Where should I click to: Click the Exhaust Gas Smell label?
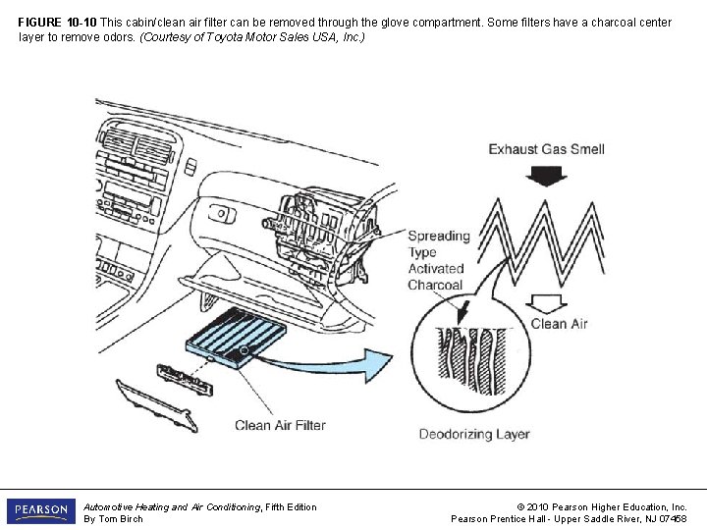(x=546, y=149)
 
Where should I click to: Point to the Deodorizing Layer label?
(x=474, y=434)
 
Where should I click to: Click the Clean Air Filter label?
(x=280, y=425)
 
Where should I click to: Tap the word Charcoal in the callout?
(x=435, y=285)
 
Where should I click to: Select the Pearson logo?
(x=40, y=511)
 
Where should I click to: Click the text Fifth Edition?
(x=284, y=506)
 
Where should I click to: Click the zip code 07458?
(x=671, y=519)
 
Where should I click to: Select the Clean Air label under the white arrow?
(x=560, y=324)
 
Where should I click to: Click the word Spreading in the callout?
(x=439, y=236)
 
